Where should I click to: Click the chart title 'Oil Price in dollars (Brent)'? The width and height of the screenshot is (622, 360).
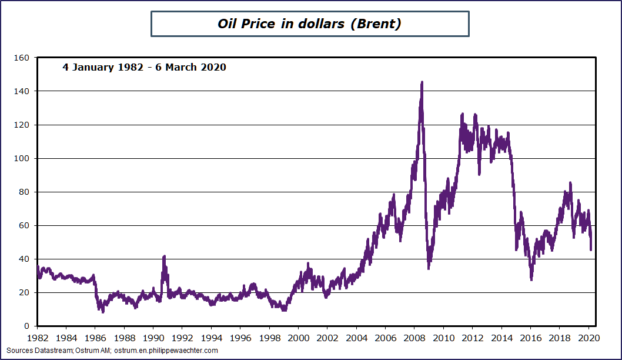309,24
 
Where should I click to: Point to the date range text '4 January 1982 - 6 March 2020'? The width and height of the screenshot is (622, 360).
144,67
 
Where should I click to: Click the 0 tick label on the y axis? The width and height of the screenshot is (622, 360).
25,326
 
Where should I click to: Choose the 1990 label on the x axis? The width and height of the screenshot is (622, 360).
153,338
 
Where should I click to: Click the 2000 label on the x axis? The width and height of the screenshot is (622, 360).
298,338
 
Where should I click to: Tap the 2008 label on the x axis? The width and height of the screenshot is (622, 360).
414,338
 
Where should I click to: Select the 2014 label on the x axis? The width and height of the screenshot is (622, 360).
501,338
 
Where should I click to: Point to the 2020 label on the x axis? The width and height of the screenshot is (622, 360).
588,338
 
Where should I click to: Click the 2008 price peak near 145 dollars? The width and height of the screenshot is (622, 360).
422,83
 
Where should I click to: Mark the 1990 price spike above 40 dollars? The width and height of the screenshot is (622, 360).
164,256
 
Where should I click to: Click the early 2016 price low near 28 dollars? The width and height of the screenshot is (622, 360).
531,279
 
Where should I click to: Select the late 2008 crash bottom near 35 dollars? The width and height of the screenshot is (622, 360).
429,268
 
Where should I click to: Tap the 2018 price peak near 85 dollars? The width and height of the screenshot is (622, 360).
570,183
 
